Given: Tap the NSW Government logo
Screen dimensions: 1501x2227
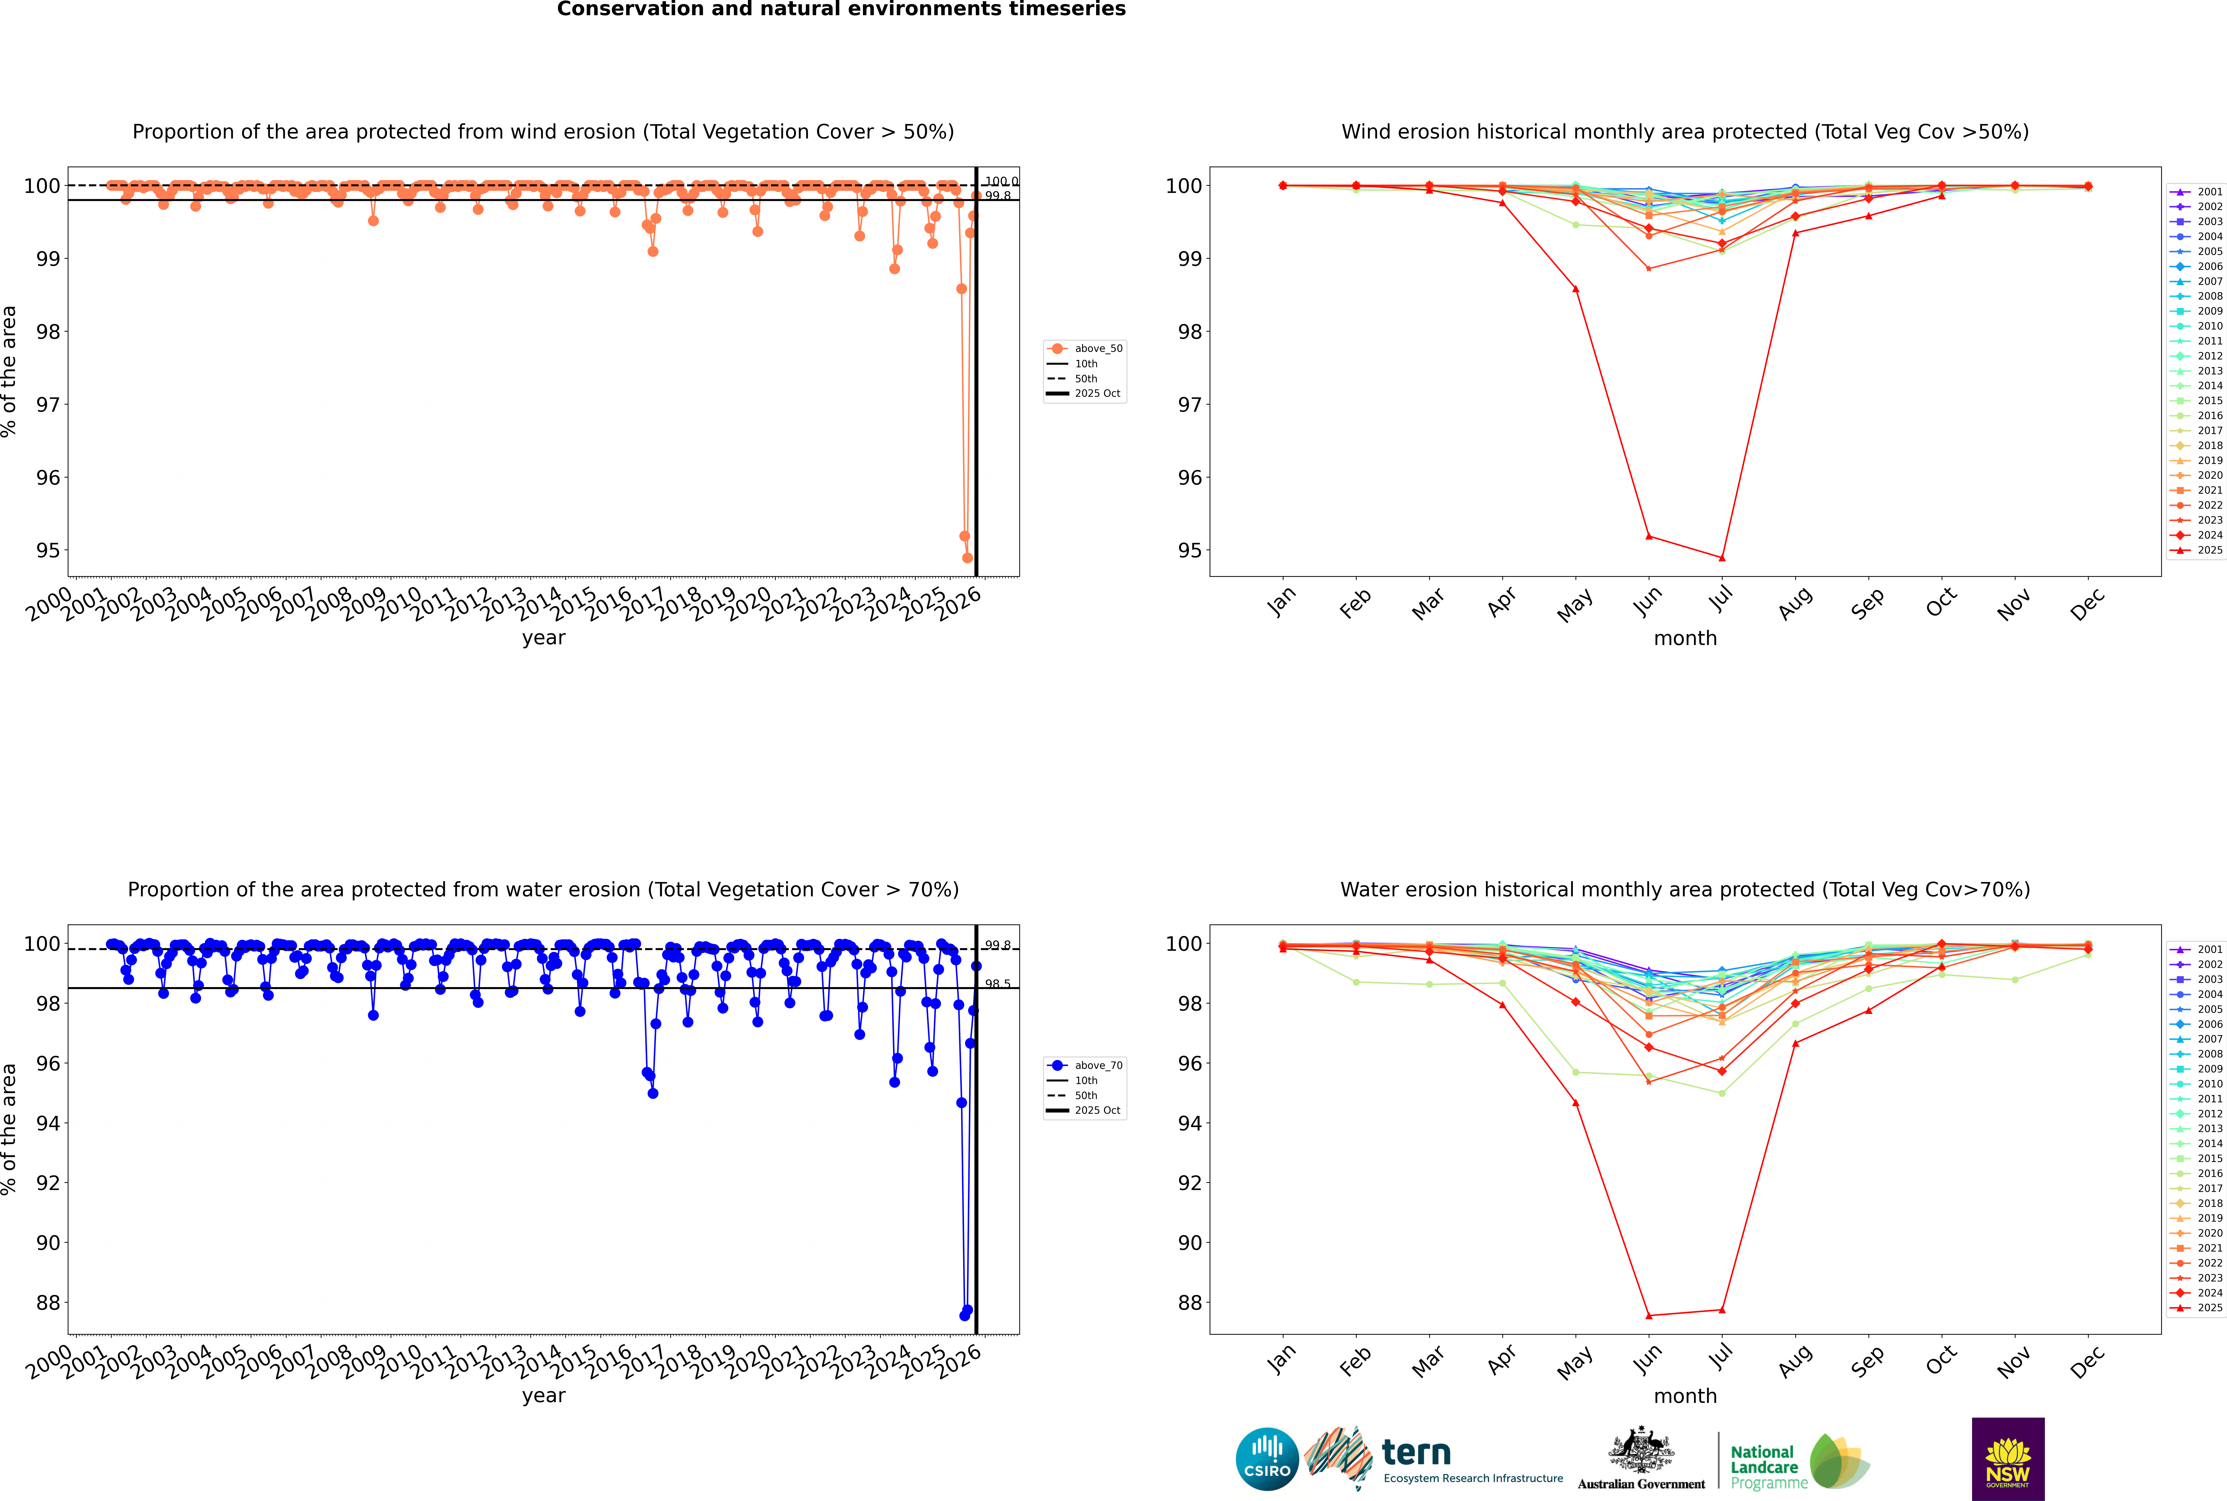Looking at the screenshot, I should tap(2008, 1458).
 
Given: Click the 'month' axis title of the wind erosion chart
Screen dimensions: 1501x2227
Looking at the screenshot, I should tap(1685, 639).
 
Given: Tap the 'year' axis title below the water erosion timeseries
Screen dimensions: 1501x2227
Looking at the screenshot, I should tap(544, 1396).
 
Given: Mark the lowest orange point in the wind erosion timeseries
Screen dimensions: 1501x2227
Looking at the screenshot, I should tap(967, 558).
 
